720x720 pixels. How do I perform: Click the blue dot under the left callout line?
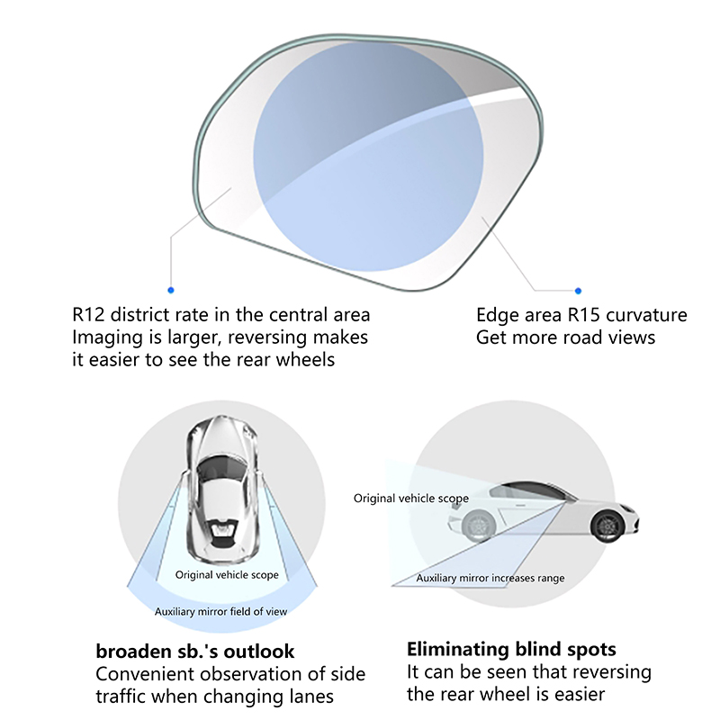[x=171, y=290]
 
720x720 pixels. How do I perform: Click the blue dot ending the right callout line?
[x=578, y=291]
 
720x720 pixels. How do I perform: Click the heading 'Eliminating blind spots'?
[x=511, y=649]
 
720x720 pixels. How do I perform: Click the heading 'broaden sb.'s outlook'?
[x=195, y=651]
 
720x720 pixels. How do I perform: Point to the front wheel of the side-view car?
[x=607, y=526]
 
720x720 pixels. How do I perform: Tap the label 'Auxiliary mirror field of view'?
[x=220, y=612]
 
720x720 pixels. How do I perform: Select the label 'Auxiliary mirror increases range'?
[x=490, y=578]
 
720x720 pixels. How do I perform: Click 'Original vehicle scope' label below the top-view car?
[x=227, y=575]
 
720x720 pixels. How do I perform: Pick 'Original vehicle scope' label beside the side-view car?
[x=411, y=499]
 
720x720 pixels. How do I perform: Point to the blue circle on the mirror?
[x=368, y=157]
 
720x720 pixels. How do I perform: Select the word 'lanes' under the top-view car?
[x=311, y=697]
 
